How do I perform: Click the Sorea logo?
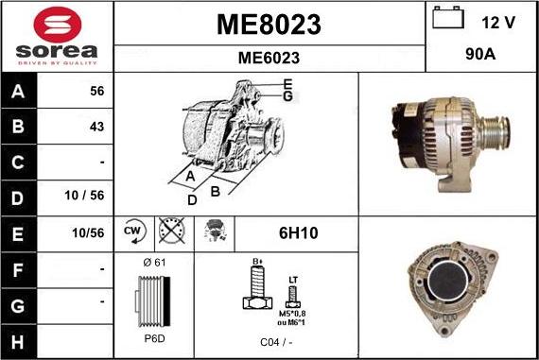point(57,36)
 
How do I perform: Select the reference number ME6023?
point(269,58)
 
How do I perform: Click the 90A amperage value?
point(482,56)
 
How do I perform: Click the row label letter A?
point(19,91)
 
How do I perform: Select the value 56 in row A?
point(96,91)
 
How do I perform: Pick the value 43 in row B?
point(96,126)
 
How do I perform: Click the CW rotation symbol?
point(132,231)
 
